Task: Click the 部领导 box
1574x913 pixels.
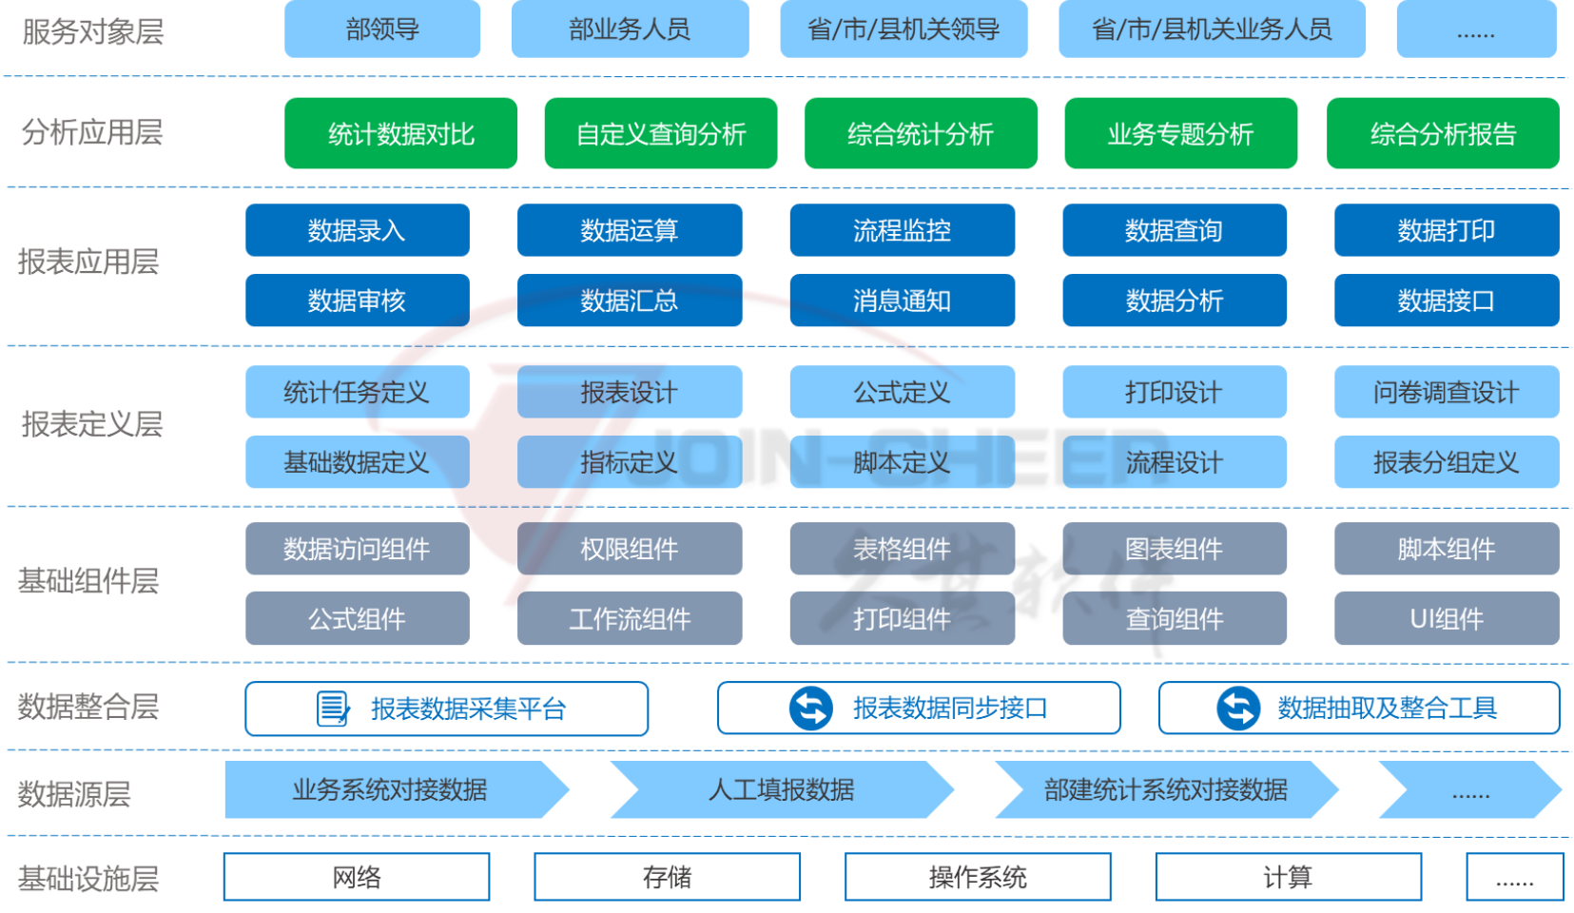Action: (382, 29)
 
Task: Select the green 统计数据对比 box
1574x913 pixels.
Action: (400, 134)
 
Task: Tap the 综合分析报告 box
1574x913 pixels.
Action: (1442, 134)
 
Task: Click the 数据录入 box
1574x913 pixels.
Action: (357, 230)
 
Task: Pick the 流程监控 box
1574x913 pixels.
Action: (902, 230)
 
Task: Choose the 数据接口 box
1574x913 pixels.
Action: (1446, 301)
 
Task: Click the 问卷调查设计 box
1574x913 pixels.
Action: (1446, 392)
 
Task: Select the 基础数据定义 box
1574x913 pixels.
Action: (357, 462)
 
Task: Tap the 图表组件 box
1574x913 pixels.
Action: (1174, 549)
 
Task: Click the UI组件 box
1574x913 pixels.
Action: (1446, 619)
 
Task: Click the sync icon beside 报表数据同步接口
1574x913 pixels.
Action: (811, 709)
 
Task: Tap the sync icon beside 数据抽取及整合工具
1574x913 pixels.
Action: (1238, 709)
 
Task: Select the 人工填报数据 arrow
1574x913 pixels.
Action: (781, 789)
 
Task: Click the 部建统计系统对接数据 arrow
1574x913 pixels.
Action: (1165, 789)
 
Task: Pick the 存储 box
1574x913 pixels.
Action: (667, 877)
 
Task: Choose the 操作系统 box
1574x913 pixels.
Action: (978, 877)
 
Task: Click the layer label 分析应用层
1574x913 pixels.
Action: (92, 132)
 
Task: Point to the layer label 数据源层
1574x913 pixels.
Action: (74, 793)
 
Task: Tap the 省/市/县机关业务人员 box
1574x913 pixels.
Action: (1212, 29)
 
